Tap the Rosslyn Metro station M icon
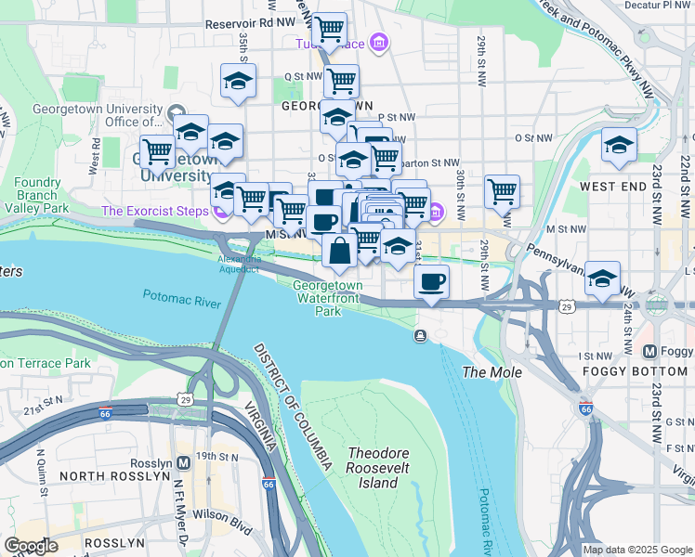pyautogui.click(x=184, y=461)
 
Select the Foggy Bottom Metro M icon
pyautogui.click(x=650, y=352)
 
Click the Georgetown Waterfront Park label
pyautogui.click(x=328, y=299)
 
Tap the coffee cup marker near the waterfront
pyautogui.click(x=431, y=281)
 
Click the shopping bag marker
pyautogui.click(x=340, y=250)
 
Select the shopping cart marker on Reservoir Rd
pyautogui.click(x=329, y=30)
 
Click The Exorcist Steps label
pyautogui.click(x=154, y=211)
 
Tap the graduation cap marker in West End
pyautogui.click(x=619, y=145)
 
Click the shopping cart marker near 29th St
pyautogui.click(x=502, y=191)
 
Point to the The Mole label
pyautogui.click(x=492, y=372)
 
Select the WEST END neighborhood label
pyautogui.click(x=612, y=187)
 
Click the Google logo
pyautogui.click(x=30, y=545)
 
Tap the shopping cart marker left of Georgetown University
pyautogui.click(x=157, y=149)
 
